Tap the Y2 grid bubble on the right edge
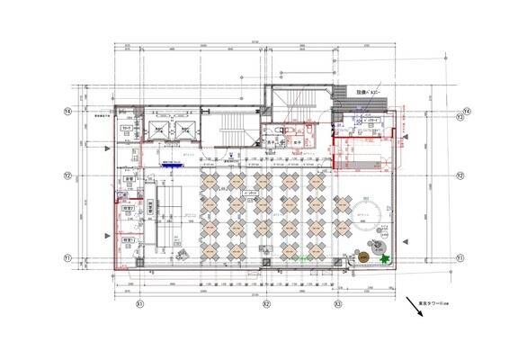[x=459, y=175]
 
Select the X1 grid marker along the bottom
[x=139, y=305]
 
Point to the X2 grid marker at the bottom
[x=266, y=305]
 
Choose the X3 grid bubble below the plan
[x=337, y=305]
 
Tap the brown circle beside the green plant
[x=363, y=256]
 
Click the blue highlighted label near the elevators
[x=169, y=164]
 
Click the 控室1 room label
[x=128, y=240]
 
